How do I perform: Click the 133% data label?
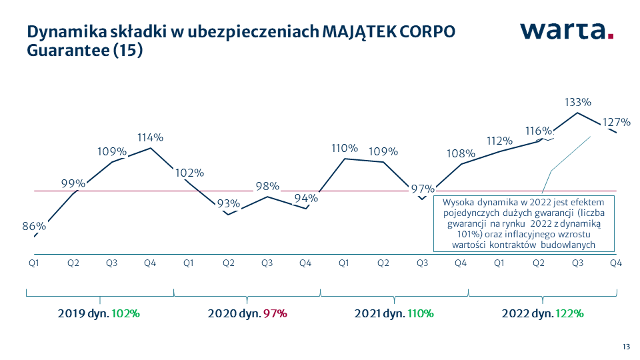coord(578,103)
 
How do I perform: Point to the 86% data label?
coord(33,226)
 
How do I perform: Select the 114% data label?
coord(151,138)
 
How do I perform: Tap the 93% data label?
coord(229,204)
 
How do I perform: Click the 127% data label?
coord(616,123)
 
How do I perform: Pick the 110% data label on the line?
coord(345,149)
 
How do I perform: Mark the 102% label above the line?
coord(190,173)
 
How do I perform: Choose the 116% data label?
coord(537,131)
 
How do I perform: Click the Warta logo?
coord(567,30)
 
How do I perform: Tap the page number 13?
coord(626,346)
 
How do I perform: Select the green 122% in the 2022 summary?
coord(571,313)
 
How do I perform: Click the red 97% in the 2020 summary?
coord(275,313)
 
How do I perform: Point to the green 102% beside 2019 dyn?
coord(126,313)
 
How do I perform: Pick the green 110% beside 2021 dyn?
coord(421,313)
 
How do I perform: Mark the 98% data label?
coord(267,187)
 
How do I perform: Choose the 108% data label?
coord(461,154)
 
